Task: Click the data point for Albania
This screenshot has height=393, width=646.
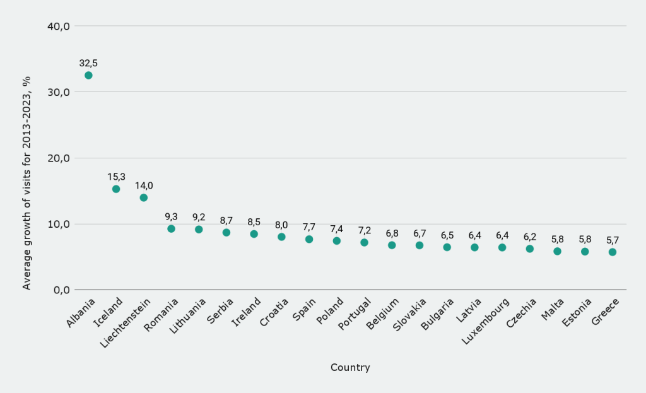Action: click(88, 75)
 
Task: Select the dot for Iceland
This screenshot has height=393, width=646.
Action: click(116, 189)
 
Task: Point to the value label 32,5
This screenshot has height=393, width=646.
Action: click(88, 63)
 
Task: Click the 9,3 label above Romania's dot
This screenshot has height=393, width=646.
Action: click(171, 216)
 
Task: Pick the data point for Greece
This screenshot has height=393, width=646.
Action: click(613, 252)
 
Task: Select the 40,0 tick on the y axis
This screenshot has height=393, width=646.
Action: click(58, 26)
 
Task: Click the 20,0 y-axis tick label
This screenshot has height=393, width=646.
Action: click(58, 158)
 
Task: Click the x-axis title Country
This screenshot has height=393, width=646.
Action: click(350, 367)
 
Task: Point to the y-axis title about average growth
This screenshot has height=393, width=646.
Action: click(26, 183)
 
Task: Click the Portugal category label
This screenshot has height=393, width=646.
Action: click(354, 315)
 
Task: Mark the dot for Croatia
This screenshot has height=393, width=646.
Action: click(281, 237)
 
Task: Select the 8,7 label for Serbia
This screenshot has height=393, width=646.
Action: click(226, 220)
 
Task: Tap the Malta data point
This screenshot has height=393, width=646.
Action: click(557, 251)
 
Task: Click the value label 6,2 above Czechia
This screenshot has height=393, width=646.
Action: click(530, 237)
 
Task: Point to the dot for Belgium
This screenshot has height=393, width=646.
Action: click(392, 245)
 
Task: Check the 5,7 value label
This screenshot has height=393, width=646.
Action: click(613, 240)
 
